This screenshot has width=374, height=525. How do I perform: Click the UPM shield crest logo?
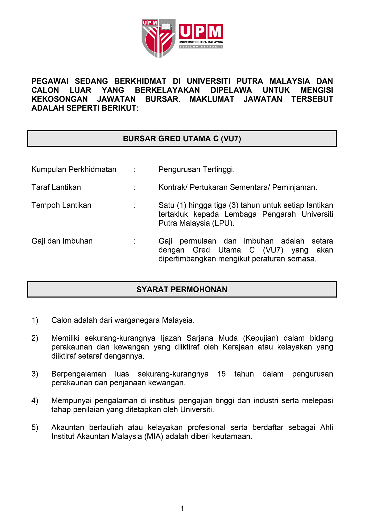click(x=158, y=38)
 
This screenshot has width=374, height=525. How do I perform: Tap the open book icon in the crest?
click(x=166, y=27)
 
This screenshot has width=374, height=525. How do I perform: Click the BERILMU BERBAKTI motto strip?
click(x=201, y=47)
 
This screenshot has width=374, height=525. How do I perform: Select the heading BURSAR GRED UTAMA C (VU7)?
click(x=182, y=139)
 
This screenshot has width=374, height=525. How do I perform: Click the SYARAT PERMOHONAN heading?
click(x=182, y=289)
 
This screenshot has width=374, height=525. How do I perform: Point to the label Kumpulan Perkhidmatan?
click(x=74, y=169)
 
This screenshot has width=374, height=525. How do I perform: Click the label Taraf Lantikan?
click(x=56, y=187)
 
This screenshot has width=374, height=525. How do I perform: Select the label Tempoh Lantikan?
click(x=61, y=205)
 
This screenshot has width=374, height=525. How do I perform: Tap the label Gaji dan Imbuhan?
click(x=62, y=241)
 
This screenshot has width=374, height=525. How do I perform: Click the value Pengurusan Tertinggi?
click(x=197, y=169)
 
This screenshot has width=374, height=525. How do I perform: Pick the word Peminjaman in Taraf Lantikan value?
click(x=295, y=187)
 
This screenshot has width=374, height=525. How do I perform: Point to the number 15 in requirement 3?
click(x=221, y=374)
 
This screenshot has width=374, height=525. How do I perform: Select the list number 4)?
click(x=35, y=401)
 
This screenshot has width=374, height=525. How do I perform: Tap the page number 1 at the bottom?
click(x=182, y=508)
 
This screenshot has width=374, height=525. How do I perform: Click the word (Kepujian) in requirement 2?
click(x=260, y=338)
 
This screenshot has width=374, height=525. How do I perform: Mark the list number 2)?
click(x=35, y=338)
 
